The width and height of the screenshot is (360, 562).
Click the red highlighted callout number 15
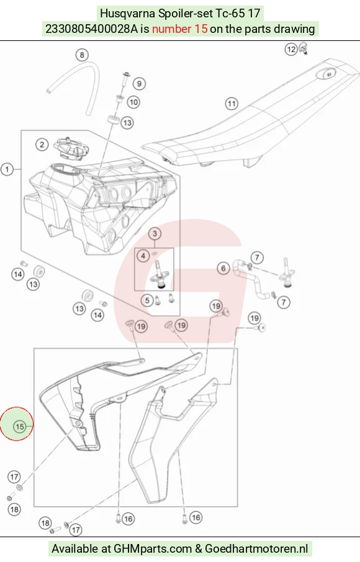[x=19, y=426]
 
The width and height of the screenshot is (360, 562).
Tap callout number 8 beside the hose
[x=82, y=55]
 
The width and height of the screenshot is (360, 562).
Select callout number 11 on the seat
[x=232, y=104]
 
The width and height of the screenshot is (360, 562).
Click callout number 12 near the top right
[x=291, y=49]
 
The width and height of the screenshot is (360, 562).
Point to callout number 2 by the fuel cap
[x=42, y=145]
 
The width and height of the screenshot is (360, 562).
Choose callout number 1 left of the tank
[x=7, y=169]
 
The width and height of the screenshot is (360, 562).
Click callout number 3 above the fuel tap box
[x=155, y=234]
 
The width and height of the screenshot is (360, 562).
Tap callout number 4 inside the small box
[x=143, y=256]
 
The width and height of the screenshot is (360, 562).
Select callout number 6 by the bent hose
[x=223, y=268]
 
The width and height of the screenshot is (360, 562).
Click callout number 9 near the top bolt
[x=139, y=84]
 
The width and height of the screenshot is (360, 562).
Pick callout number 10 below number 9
[x=133, y=102]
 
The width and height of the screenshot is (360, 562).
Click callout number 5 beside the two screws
[x=147, y=300]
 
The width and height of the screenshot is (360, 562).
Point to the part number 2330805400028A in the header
[x=91, y=29]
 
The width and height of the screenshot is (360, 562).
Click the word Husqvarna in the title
[x=128, y=13]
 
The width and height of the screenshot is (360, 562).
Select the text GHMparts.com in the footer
[x=153, y=549]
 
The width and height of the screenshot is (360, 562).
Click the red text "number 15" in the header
[x=179, y=29]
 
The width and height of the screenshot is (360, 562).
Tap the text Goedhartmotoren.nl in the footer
[x=256, y=549]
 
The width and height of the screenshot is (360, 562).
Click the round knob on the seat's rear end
[x=327, y=73]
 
